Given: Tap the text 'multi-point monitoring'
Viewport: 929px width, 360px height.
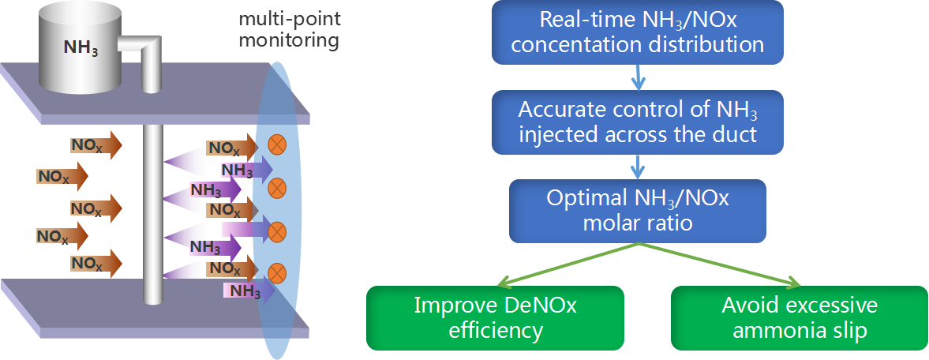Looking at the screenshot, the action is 290,30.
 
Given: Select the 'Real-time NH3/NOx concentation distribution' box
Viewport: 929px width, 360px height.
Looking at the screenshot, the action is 638,32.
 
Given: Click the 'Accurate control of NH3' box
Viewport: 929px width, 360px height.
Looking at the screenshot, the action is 638,122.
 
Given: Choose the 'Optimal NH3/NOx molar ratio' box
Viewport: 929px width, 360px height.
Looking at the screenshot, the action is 638,211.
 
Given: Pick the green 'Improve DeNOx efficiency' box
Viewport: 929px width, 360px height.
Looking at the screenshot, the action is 496,318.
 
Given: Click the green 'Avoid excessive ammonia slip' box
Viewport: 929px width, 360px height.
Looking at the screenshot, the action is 800,318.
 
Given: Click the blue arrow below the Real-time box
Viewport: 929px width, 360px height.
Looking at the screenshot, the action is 638,77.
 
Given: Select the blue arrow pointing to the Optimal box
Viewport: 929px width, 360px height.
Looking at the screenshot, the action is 638,167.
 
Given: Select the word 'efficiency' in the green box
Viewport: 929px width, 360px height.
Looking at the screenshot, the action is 496,331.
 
